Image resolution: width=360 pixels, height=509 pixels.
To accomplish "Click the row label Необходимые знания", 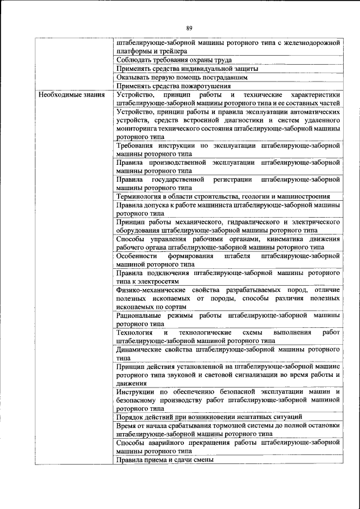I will (71, 94).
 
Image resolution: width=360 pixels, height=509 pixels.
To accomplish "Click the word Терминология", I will (139, 196).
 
